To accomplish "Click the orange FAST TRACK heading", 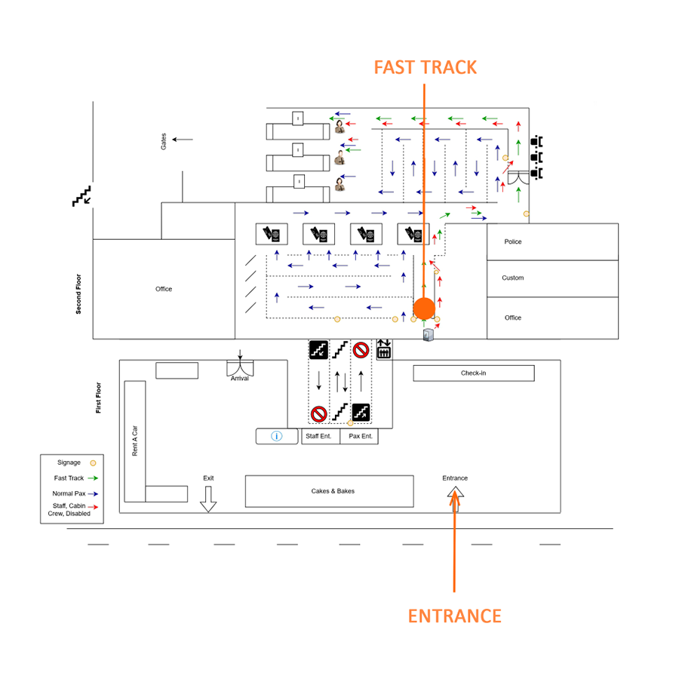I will [426, 67].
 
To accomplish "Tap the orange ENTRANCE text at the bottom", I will [454, 616].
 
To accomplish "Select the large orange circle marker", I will [424, 308].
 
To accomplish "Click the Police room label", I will [513, 241].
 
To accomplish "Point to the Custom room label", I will [513, 278].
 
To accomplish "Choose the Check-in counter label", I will [474, 373].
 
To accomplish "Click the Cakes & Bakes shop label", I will [333, 491].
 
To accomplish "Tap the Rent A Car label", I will [135, 441].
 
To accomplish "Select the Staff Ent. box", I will [318, 436].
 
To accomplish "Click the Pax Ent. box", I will [360, 436].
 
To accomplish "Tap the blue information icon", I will [276, 436].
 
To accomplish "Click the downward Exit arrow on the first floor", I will [208, 499].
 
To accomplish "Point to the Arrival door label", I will [240, 378].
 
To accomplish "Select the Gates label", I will [164, 141].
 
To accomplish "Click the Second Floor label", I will [78, 293].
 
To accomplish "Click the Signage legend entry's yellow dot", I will [93, 462].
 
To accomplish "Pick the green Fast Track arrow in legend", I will [93, 478].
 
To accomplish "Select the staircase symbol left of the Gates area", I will [81, 196].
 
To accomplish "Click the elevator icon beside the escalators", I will [383, 349].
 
